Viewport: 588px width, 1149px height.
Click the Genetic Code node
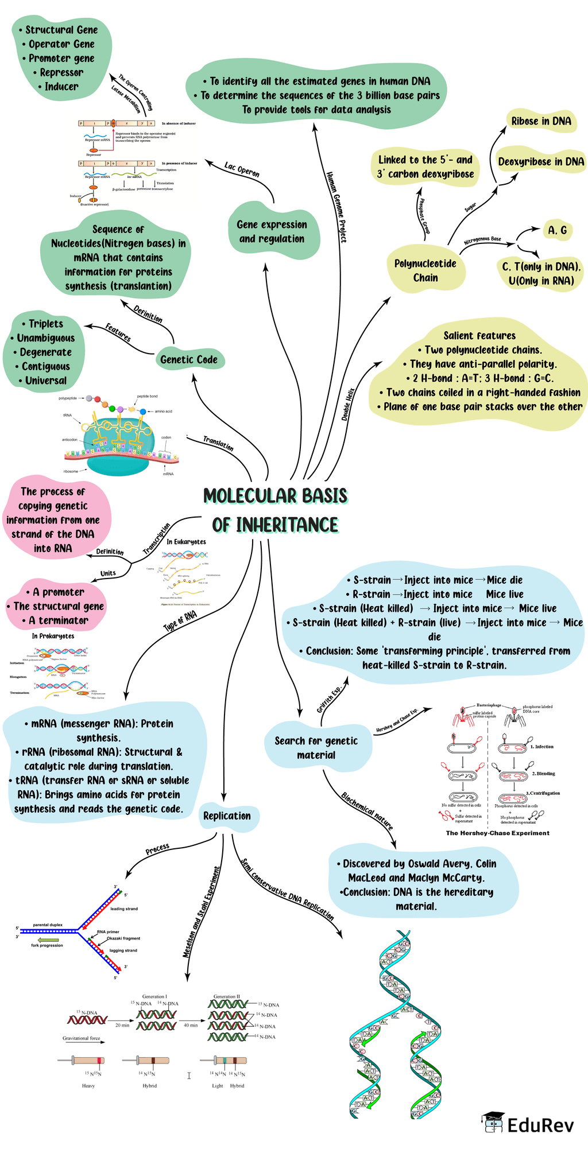tap(189, 360)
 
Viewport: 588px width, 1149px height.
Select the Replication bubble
tap(227, 816)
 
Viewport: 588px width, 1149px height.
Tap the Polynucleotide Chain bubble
tap(425, 271)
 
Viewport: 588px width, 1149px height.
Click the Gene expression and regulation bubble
tap(272, 232)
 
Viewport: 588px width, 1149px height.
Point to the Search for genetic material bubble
tap(316, 748)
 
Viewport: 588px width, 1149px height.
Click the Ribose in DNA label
tap(541, 121)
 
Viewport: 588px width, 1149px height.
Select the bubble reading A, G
tap(557, 230)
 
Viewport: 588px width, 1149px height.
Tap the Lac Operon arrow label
tap(242, 170)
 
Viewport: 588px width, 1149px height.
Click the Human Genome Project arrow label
tap(336, 207)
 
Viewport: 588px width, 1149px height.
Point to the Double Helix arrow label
tap(348, 405)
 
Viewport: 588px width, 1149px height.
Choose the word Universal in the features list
tap(45, 381)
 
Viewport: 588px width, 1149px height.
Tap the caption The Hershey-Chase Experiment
tap(497, 833)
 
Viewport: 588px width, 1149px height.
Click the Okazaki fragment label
tap(123, 938)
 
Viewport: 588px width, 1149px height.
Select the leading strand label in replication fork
tap(124, 909)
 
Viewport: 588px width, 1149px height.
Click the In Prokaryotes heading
tap(53, 636)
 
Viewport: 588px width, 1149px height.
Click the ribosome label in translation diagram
tap(71, 471)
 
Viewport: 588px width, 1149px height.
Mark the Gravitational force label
tap(81, 1038)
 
